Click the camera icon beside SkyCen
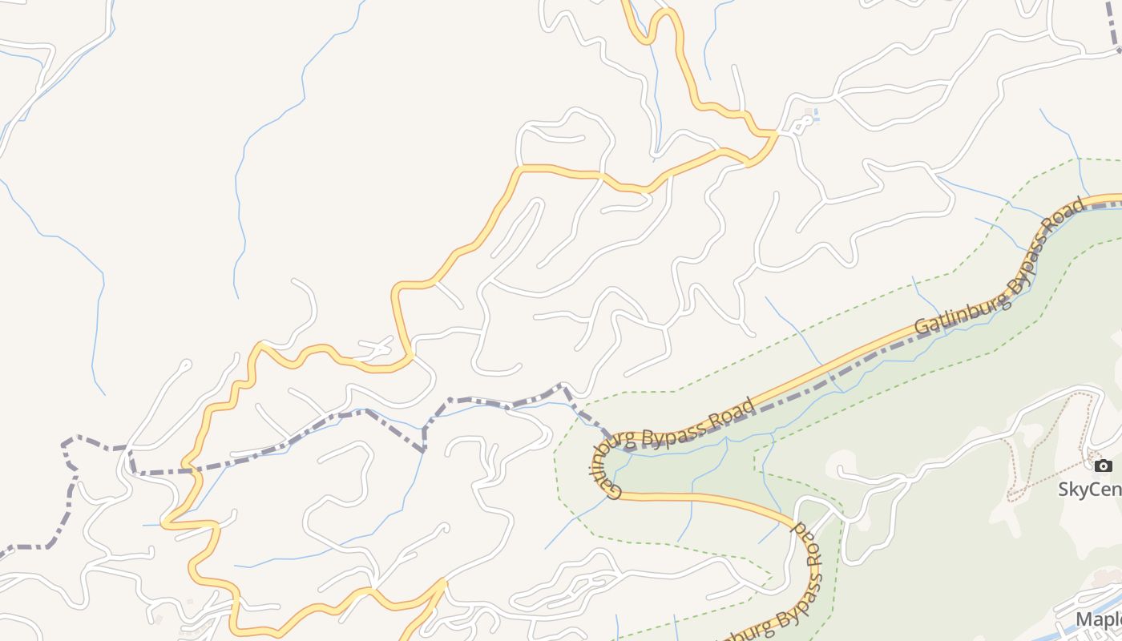click(1104, 466)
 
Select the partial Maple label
click(1098, 619)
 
